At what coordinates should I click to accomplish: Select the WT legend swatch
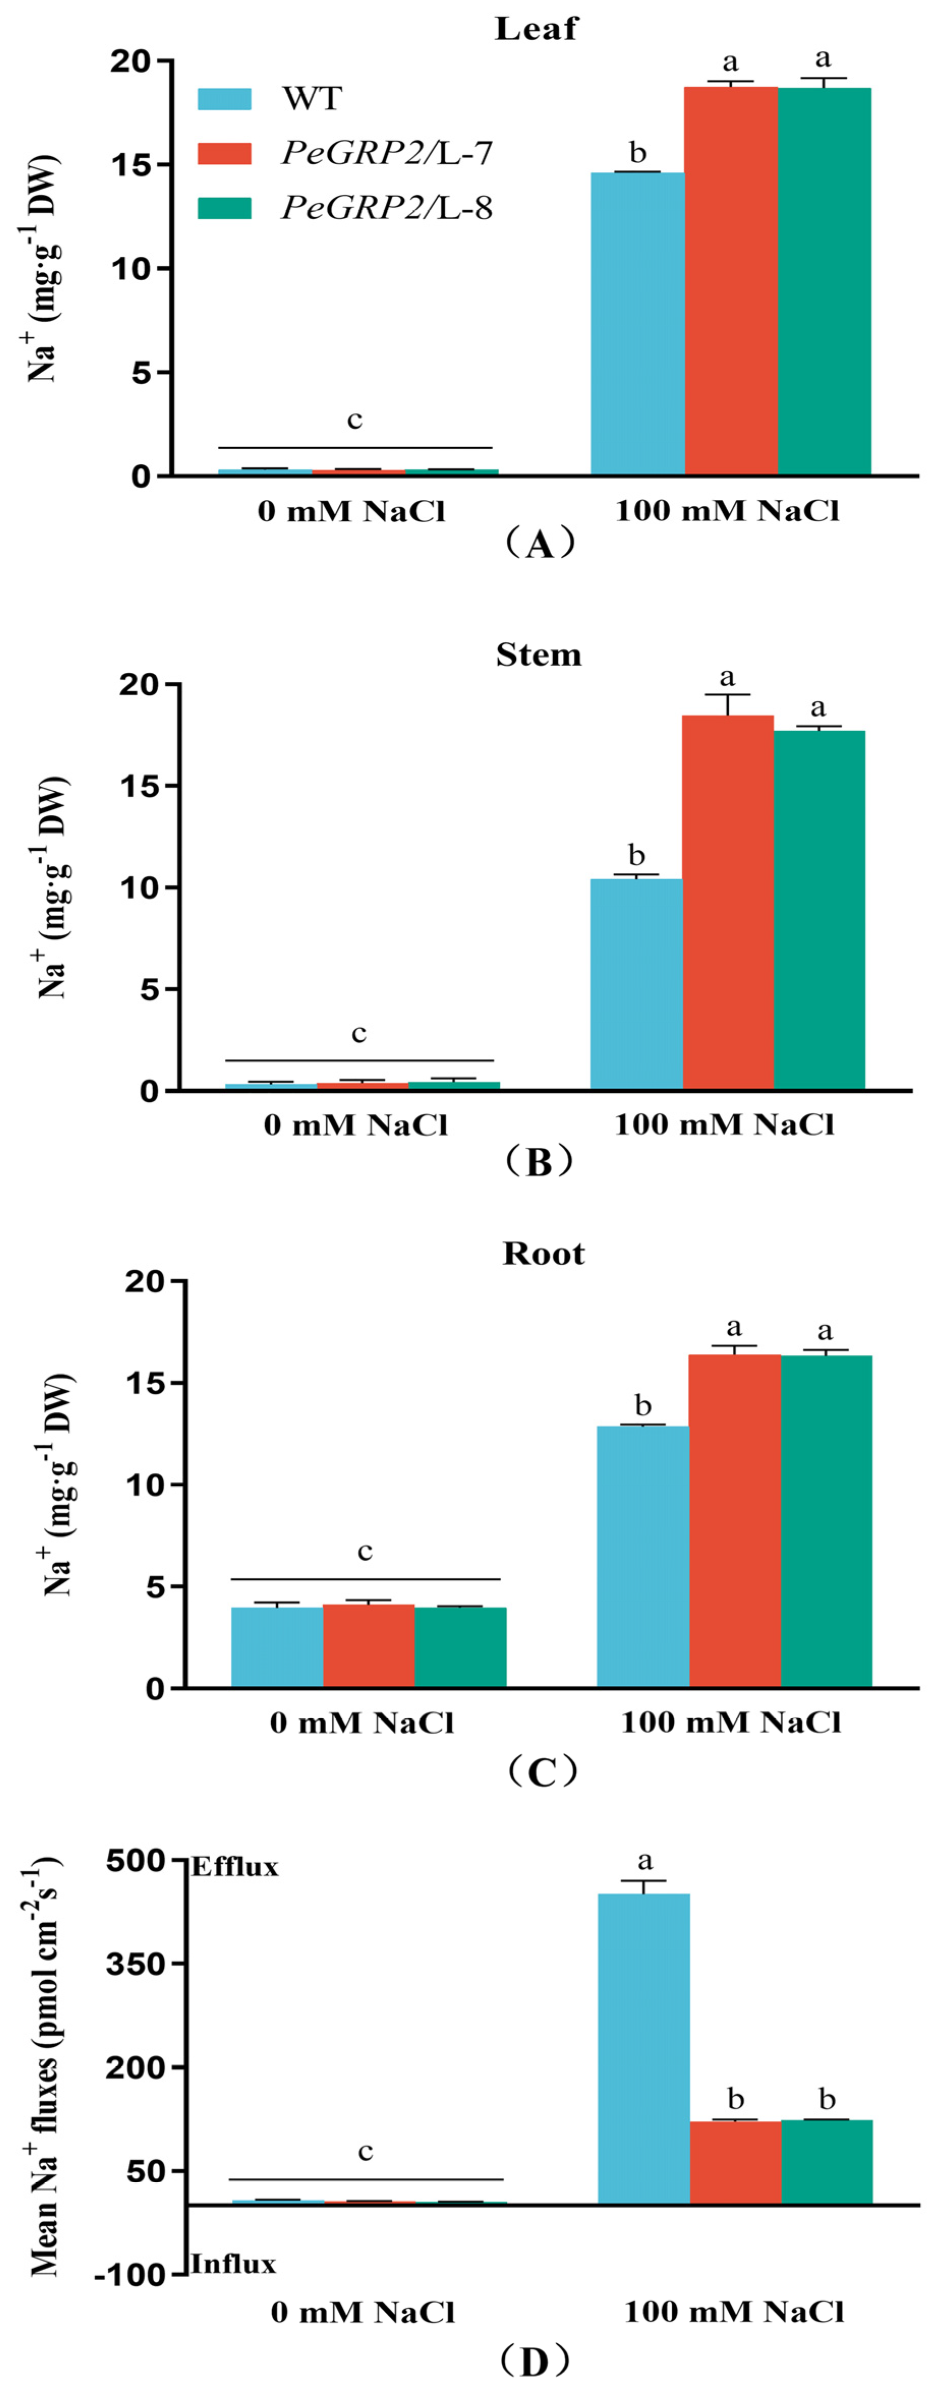click(224, 99)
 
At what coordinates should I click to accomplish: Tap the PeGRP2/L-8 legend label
click(387, 207)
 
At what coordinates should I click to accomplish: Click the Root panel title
click(543, 1253)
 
